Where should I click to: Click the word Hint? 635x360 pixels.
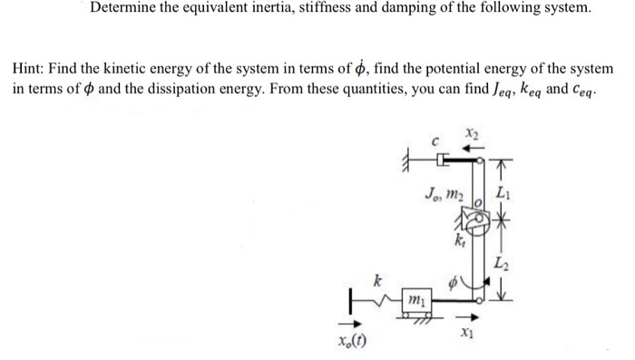29,69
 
